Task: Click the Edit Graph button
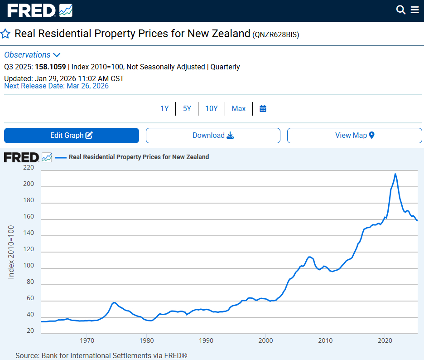point(72,136)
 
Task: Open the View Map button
point(355,136)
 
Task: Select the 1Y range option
point(164,109)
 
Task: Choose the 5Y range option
point(187,109)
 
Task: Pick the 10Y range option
point(212,109)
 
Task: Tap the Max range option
point(239,109)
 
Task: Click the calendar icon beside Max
point(263,109)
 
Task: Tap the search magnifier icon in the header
point(400,10)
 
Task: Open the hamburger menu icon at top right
point(415,10)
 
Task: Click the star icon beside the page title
point(5,34)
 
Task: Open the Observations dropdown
point(32,55)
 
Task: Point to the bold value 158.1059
point(50,67)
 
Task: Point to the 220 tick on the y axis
point(29,167)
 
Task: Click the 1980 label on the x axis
point(146,341)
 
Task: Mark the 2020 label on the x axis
point(385,341)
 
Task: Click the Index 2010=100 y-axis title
point(11,252)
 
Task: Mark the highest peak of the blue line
point(395,174)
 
